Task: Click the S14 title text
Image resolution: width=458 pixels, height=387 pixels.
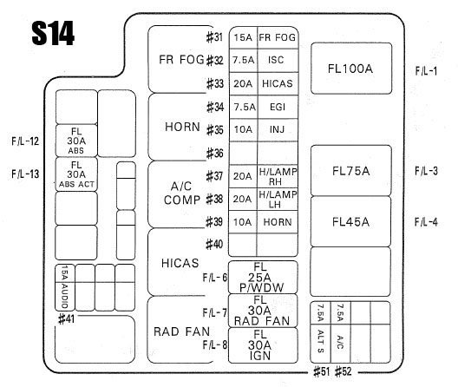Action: (x=53, y=33)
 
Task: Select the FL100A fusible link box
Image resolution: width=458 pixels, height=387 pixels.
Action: (x=351, y=69)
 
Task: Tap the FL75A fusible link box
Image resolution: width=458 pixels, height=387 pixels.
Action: (x=350, y=170)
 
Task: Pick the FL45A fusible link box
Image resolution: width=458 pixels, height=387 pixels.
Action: (x=350, y=221)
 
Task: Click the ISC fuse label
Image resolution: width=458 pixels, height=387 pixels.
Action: (x=276, y=60)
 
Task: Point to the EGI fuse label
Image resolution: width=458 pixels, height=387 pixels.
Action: (x=278, y=107)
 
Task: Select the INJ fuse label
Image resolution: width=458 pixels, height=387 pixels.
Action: (x=277, y=129)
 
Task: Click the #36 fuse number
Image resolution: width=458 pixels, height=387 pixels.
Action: (x=215, y=153)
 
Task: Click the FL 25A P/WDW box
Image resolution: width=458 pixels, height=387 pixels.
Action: (x=263, y=277)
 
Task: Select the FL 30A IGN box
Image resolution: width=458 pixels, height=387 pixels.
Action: (x=263, y=345)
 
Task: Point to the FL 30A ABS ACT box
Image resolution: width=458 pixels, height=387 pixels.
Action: (x=76, y=174)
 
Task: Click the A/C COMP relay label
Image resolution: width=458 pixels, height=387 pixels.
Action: (x=181, y=193)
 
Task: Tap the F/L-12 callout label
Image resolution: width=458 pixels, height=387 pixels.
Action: (x=25, y=141)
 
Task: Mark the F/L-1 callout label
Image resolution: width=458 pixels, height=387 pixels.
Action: (x=426, y=71)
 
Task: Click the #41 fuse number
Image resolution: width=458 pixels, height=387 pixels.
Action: (x=66, y=318)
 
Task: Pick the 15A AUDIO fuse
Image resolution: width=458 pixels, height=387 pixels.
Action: (x=65, y=287)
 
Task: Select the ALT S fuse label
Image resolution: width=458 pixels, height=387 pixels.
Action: (x=320, y=341)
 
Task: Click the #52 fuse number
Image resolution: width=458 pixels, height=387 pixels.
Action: (x=343, y=371)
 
